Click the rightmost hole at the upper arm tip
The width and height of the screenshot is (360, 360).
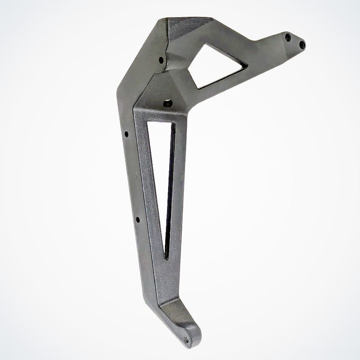(x=302, y=45)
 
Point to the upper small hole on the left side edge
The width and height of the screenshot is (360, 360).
(x=126, y=135)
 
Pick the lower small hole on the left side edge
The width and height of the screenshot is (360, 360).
(x=138, y=219)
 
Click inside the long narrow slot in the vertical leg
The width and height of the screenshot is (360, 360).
(x=162, y=180)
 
